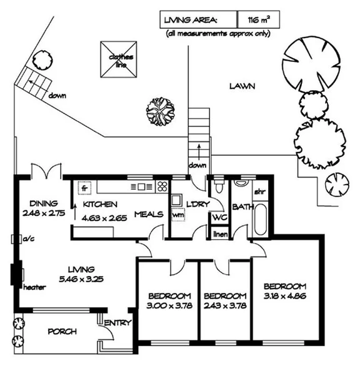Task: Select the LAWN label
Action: [242, 86]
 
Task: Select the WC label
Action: [219, 217]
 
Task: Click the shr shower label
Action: [259, 192]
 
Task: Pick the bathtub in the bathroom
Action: [259, 219]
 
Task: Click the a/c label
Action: [27, 239]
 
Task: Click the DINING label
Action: [43, 203]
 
